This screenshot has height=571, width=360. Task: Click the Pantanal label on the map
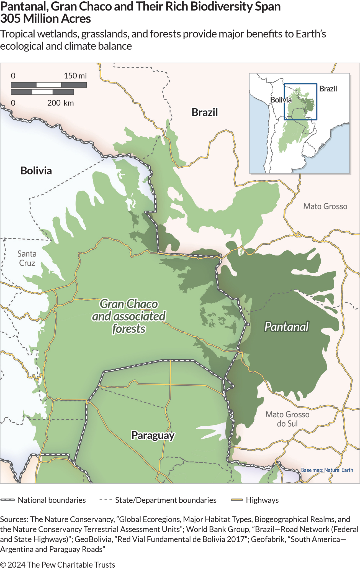click(x=286, y=327)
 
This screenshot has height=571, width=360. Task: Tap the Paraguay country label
click(x=153, y=435)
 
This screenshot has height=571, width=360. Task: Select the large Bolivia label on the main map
click(x=36, y=171)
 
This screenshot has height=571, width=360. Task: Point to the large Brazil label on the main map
click(x=205, y=112)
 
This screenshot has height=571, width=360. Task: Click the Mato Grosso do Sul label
click(x=287, y=419)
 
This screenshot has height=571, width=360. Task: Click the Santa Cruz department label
click(x=27, y=258)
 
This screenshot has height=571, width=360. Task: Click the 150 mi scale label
click(x=75, y=76)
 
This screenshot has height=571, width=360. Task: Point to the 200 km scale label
click(x=60, y=103)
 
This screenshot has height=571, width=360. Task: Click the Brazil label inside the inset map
click(x=328, y=89)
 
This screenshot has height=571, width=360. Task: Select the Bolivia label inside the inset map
click(x=281, y=100)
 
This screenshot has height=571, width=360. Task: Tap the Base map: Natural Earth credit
click(x=327, y=470)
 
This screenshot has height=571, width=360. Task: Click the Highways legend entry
click(x=262, y=500)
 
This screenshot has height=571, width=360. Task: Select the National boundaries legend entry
click(x=52, y=500)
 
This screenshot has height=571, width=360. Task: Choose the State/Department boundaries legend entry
click(x=166, y=500)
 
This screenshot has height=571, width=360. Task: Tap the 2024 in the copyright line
click(x=16, y=564)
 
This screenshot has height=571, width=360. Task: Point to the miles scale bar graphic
click(x=49, y=85)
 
